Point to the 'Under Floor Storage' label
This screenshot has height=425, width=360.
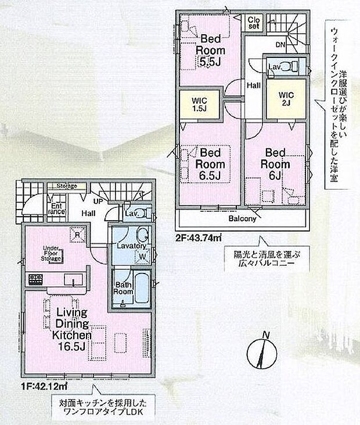(52, 253)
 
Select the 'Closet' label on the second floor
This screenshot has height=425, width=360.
(254, 23)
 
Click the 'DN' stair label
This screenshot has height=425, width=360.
(280, 44)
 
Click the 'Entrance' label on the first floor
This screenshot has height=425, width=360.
(56, 208)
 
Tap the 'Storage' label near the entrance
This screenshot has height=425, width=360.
(67, 186)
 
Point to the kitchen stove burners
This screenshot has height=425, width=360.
(35, 280)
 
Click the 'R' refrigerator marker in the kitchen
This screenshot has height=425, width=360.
(77, 235)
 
